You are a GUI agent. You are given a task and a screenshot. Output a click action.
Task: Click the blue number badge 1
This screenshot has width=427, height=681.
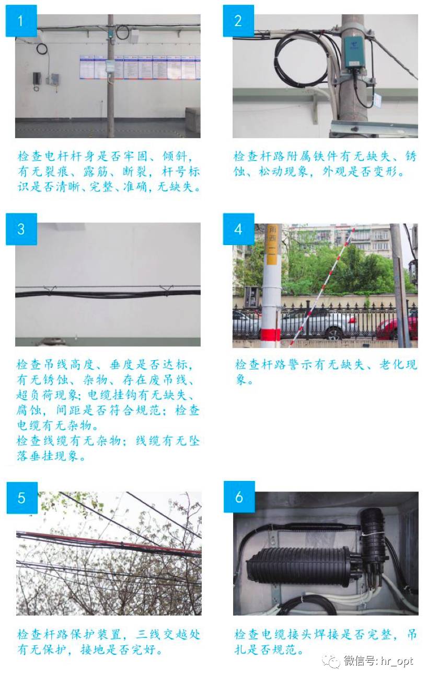pos(21,21)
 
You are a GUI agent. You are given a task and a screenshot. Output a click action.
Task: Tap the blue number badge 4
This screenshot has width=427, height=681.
pos(238,229)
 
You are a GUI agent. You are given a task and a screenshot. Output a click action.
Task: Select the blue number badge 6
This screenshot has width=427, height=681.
pos(239,497)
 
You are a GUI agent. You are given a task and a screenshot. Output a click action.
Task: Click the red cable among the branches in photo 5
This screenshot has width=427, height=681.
pos(105,541)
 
